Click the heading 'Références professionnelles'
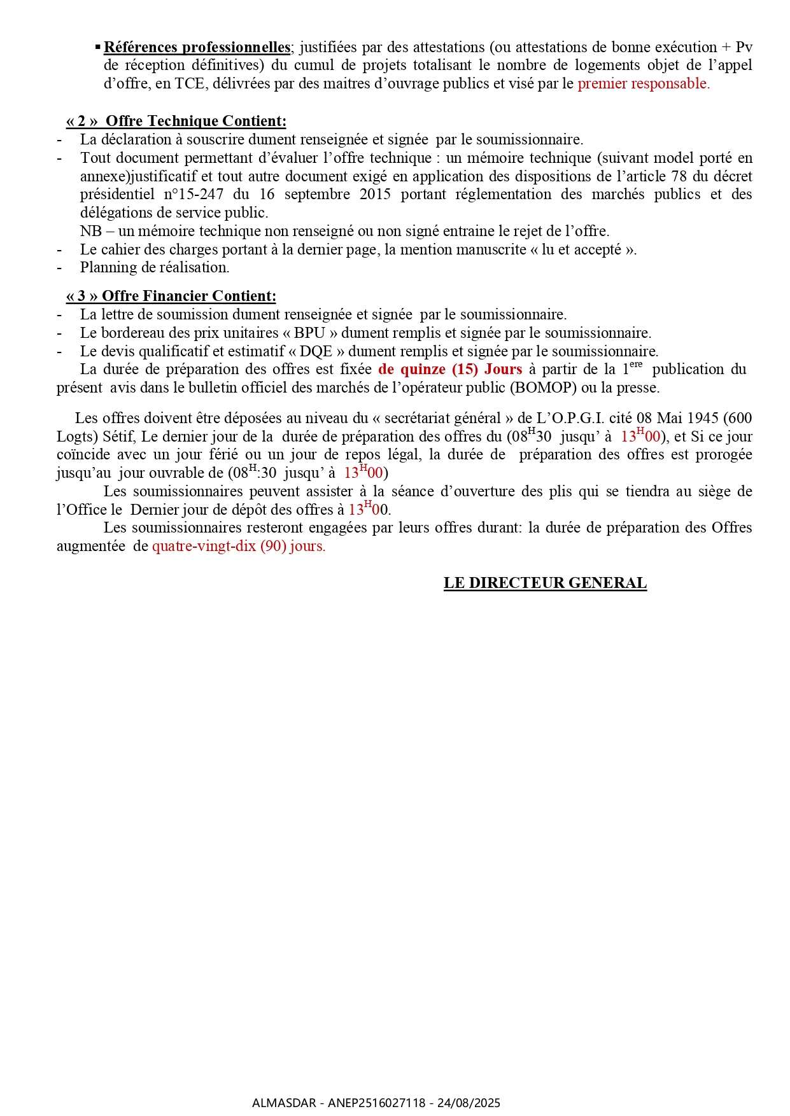pyautogui.click(x=197, y=48)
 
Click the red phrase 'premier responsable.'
pyautogui.click(x=643, y=84)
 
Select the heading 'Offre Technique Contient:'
pyautogui.click(x=195, y=122)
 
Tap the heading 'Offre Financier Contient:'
pyautogui.click(x=189, y=296)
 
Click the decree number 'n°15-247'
pyautogui.click(x=194, y=195)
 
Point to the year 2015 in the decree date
pyautogui.click(x=375, y=195)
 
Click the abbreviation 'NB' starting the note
pyautogui.click(x=90, y=231)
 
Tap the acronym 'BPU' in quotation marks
pyautogui.click(x=309, y=333)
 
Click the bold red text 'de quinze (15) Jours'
pyautogui.click(x=450, y=370)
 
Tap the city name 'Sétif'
pyautogui.click(x=118, y=437)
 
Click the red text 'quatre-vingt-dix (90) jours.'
pyautogui.click(x=239, y=547)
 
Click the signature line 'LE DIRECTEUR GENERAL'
pyautogui.click(x=545, y=583)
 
